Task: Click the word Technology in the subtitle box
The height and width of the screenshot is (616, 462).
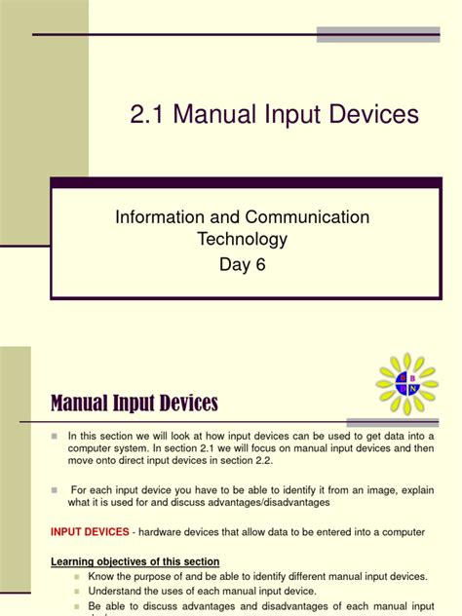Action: (x=243, y=239)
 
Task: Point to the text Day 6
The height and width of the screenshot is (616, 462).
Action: (x=243, y=264)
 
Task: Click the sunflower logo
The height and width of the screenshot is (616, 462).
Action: (x=406, y=384)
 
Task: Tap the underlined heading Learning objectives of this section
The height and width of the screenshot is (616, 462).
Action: (x=135, y=561)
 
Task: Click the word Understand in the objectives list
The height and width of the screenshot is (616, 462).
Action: (x=117, y=591)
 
